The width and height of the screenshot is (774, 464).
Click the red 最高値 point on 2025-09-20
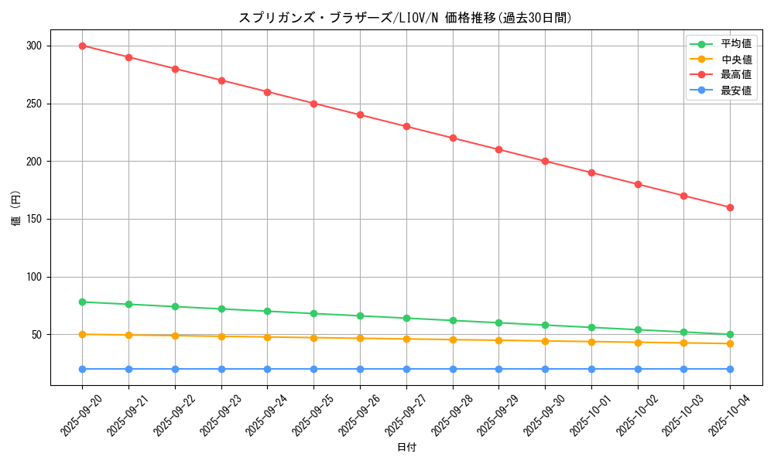point(82,46)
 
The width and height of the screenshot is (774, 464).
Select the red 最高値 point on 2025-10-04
point(730,207)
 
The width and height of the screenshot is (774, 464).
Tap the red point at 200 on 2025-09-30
point(545,161)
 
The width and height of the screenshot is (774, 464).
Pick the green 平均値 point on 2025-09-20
point(82,302)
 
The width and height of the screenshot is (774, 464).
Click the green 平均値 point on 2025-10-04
point(730,334)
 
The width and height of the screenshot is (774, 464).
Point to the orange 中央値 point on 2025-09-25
point(313,338)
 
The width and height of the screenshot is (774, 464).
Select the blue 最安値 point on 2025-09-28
point(453,369)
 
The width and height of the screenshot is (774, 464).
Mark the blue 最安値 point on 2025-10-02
point(638,369)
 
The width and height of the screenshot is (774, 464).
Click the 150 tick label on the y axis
point(33,219)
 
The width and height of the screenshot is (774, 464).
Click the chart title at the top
point(406,18)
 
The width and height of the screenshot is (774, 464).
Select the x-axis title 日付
point(406,448)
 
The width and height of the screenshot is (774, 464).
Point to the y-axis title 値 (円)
point(16,208)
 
